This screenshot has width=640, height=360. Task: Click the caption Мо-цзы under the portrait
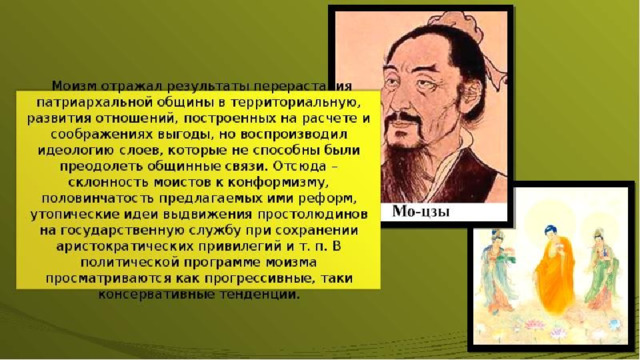point(421,211)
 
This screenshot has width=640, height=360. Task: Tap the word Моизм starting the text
point(74,86)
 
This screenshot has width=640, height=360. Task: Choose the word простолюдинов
point(313,214)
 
